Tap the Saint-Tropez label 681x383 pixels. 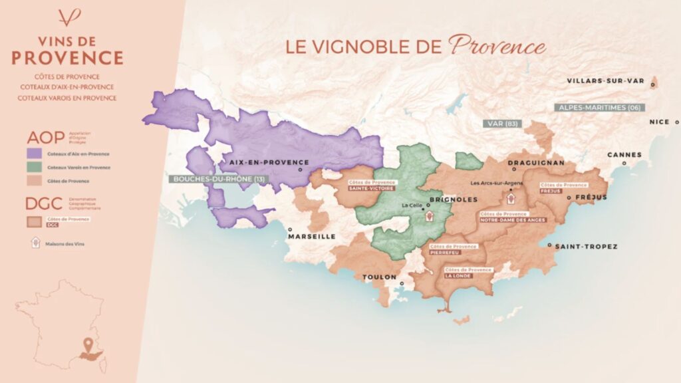[586, 247]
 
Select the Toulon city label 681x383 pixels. [379, 277]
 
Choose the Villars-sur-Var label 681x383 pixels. [606, 81]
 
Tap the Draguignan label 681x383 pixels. [535, 163]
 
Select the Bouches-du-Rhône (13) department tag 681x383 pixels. [219, 179]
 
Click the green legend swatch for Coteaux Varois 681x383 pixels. [33, 168]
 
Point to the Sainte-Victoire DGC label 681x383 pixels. [371, 189]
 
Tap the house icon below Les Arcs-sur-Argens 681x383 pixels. [511, 197]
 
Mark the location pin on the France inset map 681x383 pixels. [88, 344]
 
